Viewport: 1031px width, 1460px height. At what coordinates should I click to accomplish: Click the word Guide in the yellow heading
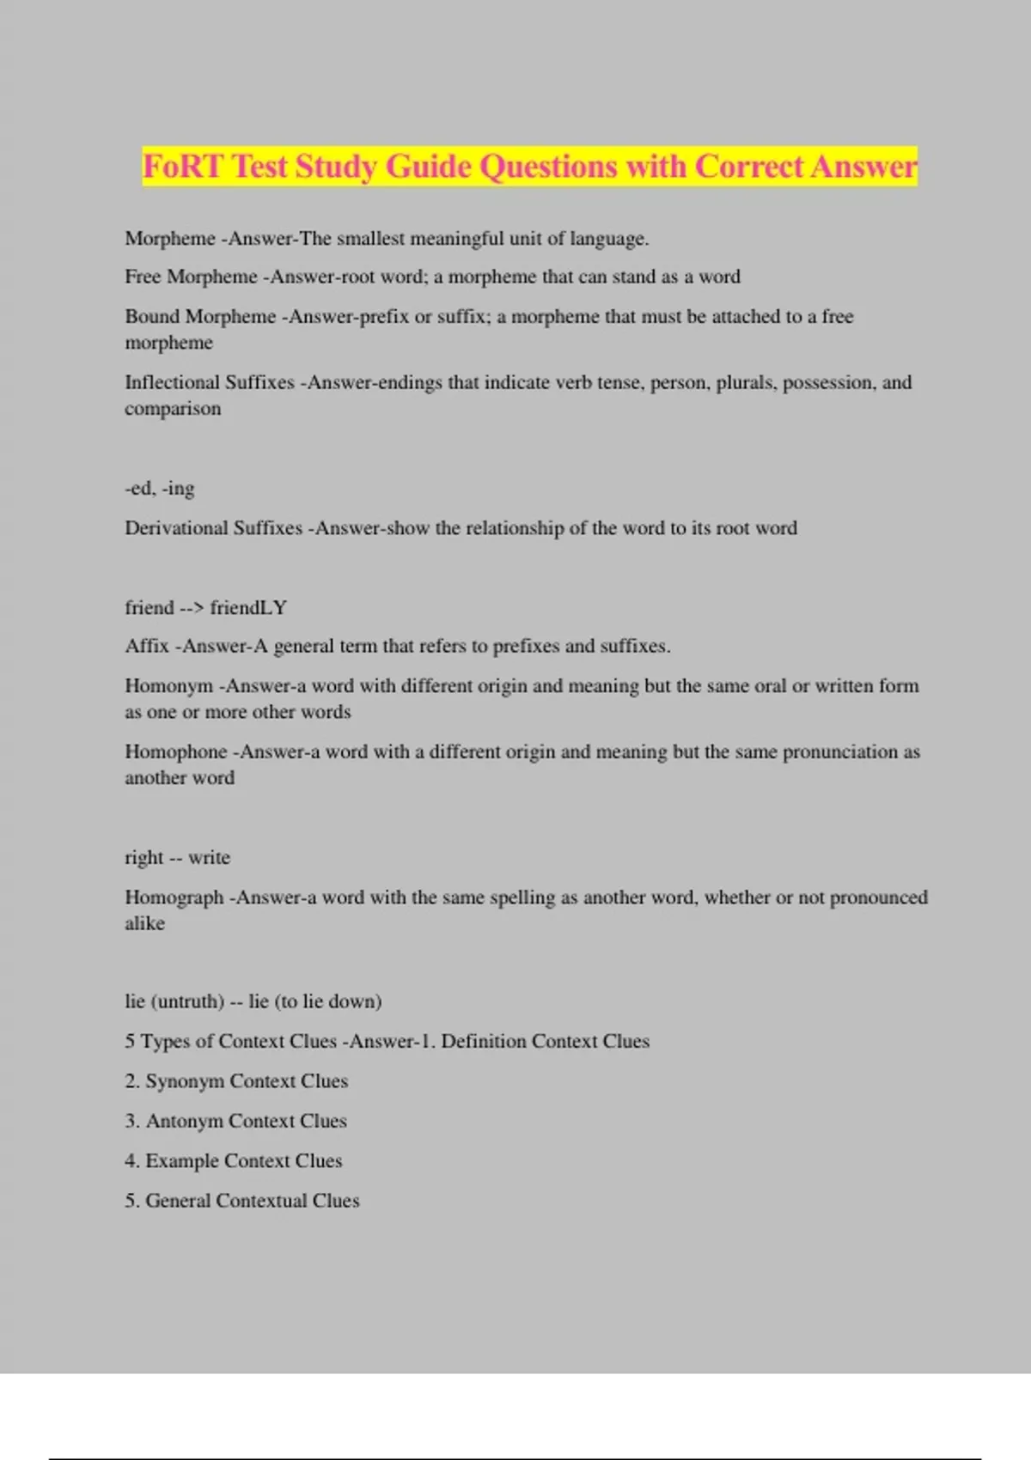427,166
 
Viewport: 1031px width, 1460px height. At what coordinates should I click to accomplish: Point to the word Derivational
176,528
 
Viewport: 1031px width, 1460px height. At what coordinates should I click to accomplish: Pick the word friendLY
248,608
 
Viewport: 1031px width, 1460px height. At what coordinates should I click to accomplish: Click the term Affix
146,646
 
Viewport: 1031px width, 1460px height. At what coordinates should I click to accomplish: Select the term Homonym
168,686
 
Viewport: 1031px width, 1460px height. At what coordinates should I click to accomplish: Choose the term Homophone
175,752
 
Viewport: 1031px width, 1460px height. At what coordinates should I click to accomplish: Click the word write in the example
209,858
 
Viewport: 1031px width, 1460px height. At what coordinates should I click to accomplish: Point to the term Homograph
174,897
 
